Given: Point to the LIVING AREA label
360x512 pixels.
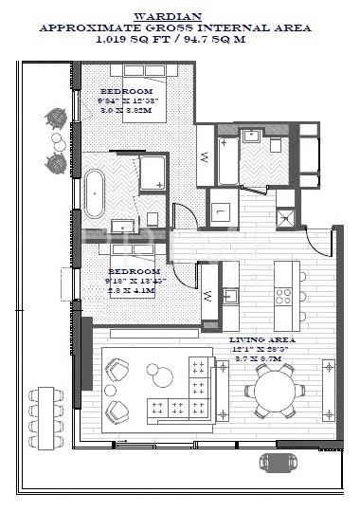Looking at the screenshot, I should (262, 339).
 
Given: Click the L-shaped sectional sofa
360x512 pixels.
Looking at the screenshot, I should (189, 393).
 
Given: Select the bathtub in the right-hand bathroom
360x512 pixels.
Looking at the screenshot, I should (227, 161).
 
